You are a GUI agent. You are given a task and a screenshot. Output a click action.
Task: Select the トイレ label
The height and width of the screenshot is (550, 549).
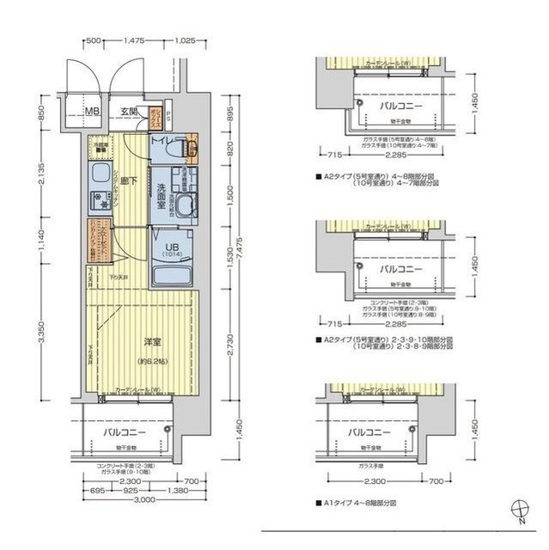click(x=163, y=137)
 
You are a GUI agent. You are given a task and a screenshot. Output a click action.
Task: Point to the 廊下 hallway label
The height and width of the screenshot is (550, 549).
click(x=131, y=182)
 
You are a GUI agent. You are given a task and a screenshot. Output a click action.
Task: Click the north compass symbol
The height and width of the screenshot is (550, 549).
click(x=520, y=509)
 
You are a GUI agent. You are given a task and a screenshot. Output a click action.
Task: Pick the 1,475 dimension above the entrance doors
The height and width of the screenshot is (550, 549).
click(x=133, y=40)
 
